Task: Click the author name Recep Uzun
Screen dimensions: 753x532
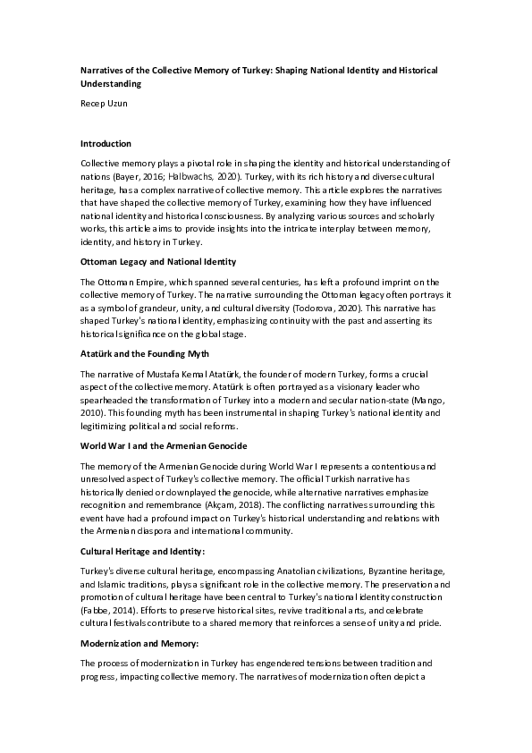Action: tap(103, 104)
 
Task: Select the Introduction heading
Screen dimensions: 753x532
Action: tap(106, 143)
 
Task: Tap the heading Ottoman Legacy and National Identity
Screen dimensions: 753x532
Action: tap(157, 261)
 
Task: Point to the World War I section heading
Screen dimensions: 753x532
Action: tap(164, 445)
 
